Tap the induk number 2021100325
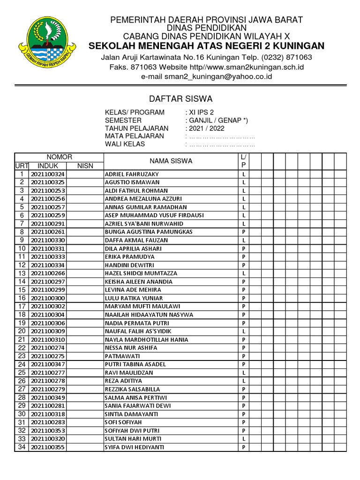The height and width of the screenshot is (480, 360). (48, 182)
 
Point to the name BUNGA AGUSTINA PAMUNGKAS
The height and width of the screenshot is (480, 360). (149, 232)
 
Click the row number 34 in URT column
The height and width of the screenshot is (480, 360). (22, 447)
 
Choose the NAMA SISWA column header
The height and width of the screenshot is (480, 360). (171, 161)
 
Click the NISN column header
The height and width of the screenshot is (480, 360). (85, 166)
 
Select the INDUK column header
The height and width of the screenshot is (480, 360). (48, 166)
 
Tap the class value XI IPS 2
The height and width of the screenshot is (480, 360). (201, 112)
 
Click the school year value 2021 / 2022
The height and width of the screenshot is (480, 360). (205, 128)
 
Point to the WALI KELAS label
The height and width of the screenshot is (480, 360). (125, 144)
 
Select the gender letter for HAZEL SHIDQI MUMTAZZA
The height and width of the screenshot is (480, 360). (244, 273)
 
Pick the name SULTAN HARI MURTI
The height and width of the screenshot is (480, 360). (133, 439)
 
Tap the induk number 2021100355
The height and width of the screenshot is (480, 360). (48, 447)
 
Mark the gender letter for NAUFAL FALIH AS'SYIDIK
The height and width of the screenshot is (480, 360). (244, 331)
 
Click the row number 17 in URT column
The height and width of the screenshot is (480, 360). (22, 307)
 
